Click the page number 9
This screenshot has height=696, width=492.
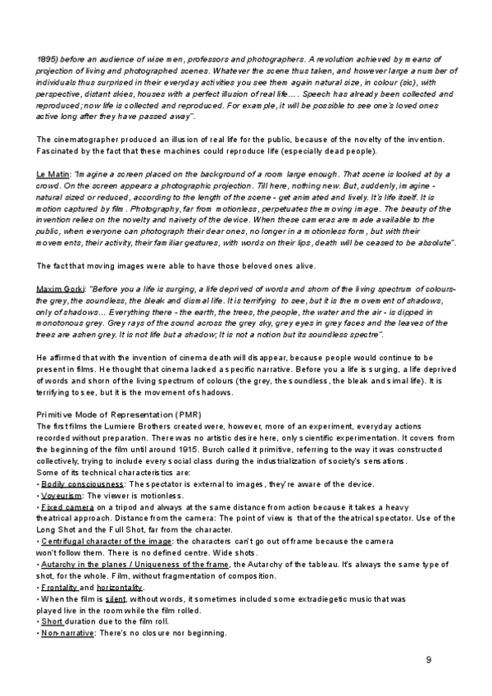[429, 661]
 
